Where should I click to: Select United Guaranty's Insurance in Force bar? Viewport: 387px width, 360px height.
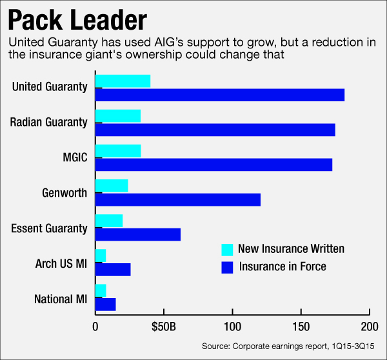(x=219, y=95)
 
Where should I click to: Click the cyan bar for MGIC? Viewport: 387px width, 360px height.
(x=118, y=151)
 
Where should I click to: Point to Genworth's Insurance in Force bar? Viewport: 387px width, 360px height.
(x=177, y=199)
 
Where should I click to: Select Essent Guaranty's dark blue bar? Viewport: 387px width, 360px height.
(x=137, y=235)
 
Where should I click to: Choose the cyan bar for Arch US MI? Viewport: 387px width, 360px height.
(x=100, y=255)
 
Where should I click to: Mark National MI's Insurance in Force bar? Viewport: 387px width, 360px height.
(x=105, y=305)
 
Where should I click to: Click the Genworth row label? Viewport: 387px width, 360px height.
(x=64, y=193)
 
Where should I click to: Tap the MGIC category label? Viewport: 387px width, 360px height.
(x=72, y=157)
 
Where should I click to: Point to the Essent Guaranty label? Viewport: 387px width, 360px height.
(x=49, y=228)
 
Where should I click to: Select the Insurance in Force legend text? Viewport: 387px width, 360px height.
(x=283, y=266)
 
